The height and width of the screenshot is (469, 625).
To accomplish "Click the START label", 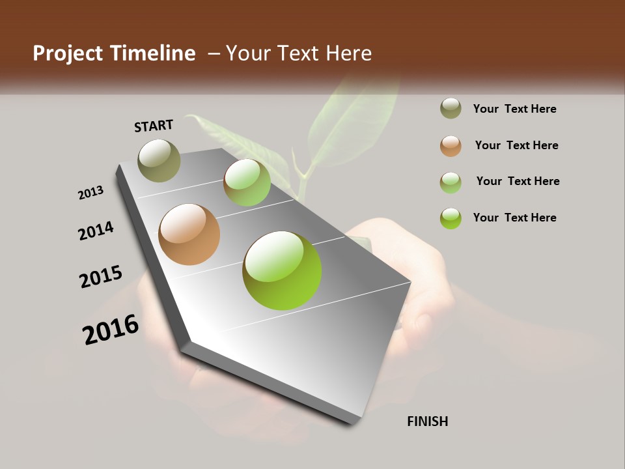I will (154, 126).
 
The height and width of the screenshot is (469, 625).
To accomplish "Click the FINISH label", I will (427, 421).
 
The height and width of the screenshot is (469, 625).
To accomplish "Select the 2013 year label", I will (90, 193).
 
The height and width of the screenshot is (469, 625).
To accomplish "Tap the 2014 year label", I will (96, 231).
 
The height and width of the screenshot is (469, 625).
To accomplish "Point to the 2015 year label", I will (100, 277).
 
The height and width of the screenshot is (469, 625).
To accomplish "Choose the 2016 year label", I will (111, 330).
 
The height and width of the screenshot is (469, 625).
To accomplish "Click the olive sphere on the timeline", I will (159, 160).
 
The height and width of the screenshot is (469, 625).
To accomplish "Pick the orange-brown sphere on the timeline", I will (189, 234).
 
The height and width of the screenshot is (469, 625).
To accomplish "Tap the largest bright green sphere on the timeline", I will (282, 270).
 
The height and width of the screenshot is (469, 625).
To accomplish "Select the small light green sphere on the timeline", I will (247, 182).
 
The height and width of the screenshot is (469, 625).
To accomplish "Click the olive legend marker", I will (451, 109).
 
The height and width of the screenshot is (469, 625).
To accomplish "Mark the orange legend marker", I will (451, 146).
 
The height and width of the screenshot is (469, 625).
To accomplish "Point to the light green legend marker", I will (451, 182).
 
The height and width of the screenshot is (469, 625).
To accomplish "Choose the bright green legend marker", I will (451, 218).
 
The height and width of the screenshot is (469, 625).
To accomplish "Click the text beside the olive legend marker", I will (514, 109).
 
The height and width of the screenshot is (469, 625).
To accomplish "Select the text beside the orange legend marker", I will (516, 145).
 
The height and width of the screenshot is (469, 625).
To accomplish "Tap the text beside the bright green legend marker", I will (514, 218).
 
